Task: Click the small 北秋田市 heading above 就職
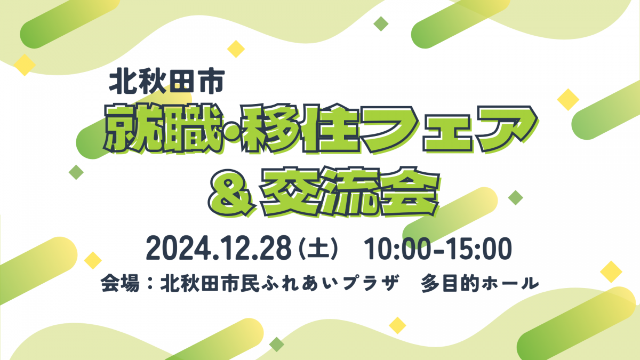(x=167, y=82)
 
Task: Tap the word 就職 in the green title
(x=163, y=129)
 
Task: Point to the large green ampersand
(x=231, y=193)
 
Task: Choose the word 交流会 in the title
(x=350, y=192)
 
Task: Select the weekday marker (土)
(x=318, y=249)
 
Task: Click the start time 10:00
(x=397, y=248)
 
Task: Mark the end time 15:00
(x=479, y=248)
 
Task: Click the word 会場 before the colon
(x=120, y=283)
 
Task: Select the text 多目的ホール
(x=479, y=283)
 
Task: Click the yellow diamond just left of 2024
(x=93, y=260)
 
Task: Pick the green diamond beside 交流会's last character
(x=515, y=197)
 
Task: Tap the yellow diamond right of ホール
(x=611, y=271)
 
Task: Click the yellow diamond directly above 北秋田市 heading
(x=236, y=49)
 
